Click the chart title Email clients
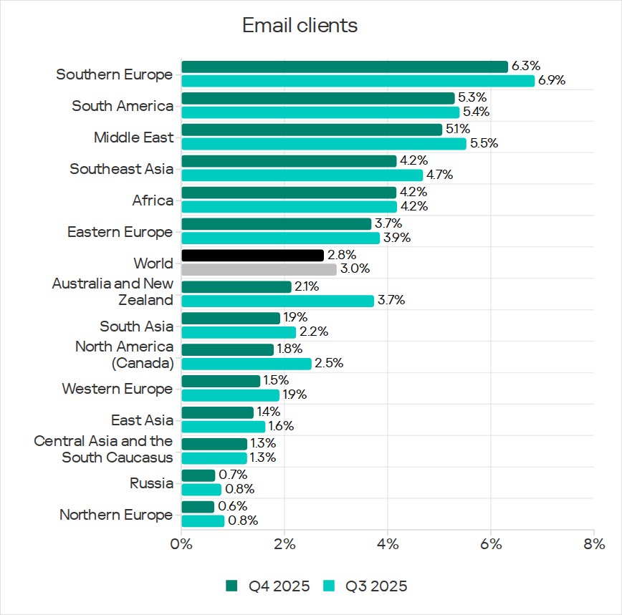point(300,26)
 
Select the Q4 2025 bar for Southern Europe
point(344,67)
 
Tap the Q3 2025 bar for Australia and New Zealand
point(277,301)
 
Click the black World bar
point(252,256)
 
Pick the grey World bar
point(259,270)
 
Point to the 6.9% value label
point(552,81)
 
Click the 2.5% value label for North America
point(330,364)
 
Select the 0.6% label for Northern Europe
point(232,507)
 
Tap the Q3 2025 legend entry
point(367,586)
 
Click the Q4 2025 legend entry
point(269,586)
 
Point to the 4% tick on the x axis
point(388,543)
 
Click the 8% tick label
point(594,543)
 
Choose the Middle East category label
point(133,137)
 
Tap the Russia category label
point(151,483)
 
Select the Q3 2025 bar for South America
point(320,112)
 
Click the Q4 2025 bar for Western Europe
point(221,381)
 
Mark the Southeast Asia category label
point(121,169)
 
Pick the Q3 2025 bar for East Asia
point(223,427)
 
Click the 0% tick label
point(181,543)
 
